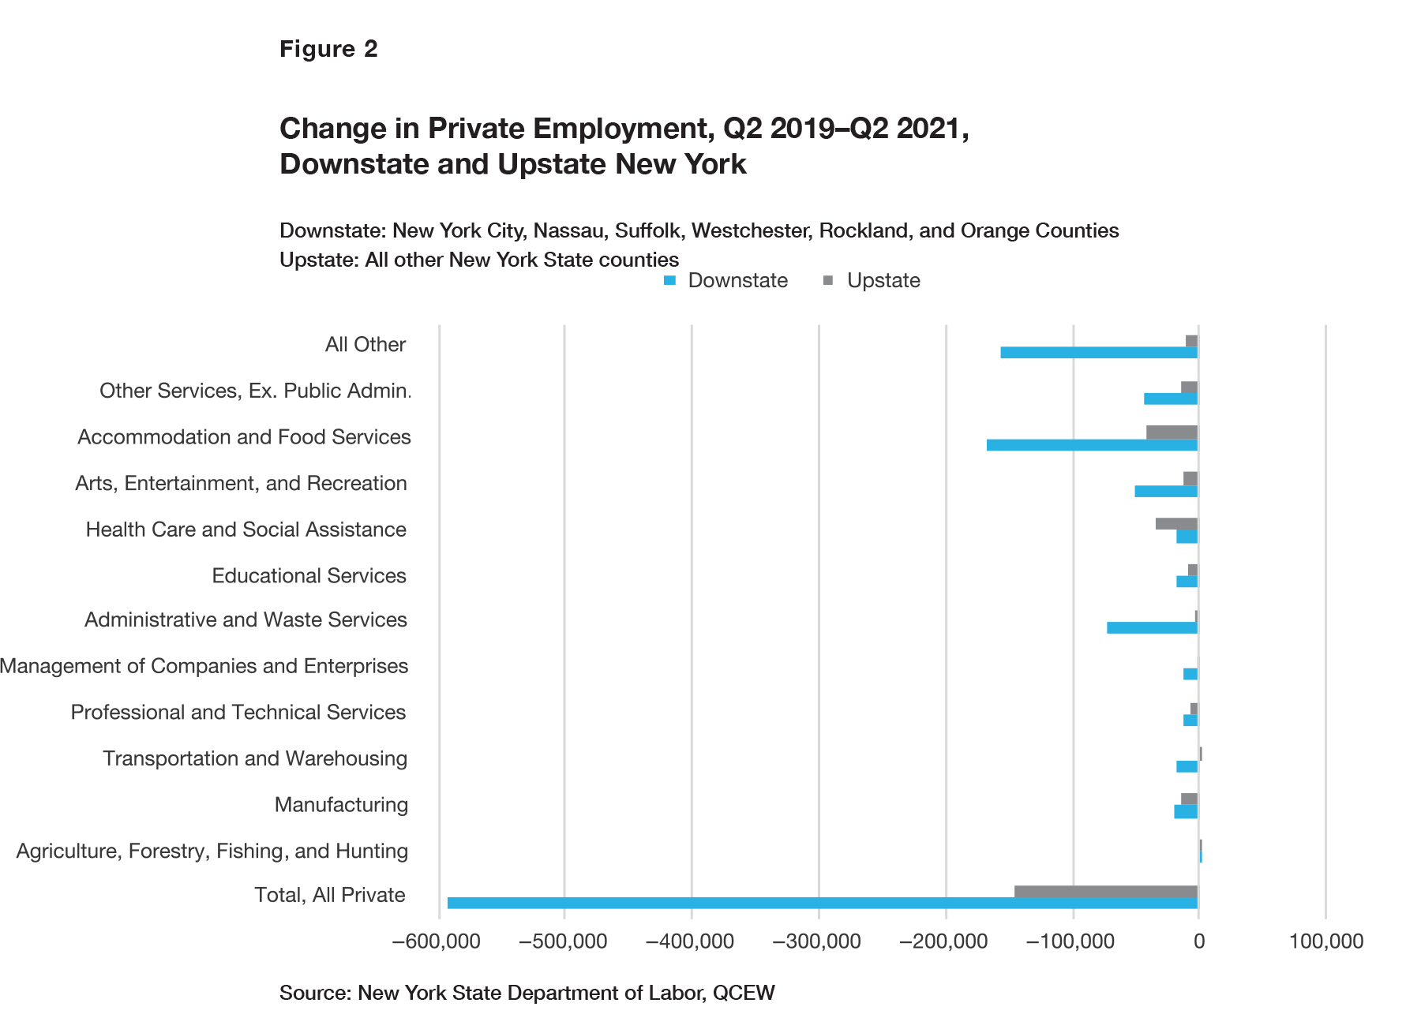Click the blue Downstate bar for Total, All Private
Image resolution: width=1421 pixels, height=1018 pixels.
click(821, 903)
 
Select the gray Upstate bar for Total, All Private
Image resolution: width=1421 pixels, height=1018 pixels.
click(1105, 892)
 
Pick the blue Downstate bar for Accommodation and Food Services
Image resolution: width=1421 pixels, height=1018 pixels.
click(1092, 445)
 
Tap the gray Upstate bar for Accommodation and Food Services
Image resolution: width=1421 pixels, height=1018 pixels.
click(1172, 432)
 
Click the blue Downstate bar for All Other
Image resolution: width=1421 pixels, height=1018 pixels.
click(1099, 353)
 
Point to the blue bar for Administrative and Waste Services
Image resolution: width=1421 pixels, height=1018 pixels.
click(1152, 628)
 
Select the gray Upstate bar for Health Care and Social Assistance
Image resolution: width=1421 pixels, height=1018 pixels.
click(1176, 524)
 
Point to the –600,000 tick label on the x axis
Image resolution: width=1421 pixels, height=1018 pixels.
click(436, 941)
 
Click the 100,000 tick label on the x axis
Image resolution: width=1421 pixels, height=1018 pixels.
click(1325, 941)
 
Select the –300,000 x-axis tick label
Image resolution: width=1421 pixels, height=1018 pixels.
click(817, 941)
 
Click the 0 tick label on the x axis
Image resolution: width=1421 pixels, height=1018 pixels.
click(1198, 941)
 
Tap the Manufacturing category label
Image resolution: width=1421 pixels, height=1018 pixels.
click(341, 805)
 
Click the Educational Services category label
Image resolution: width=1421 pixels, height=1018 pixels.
click(309, 576)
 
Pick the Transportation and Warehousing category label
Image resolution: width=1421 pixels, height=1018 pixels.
click(255, 759)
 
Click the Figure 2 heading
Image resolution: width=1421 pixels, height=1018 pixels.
click(328, 49)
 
